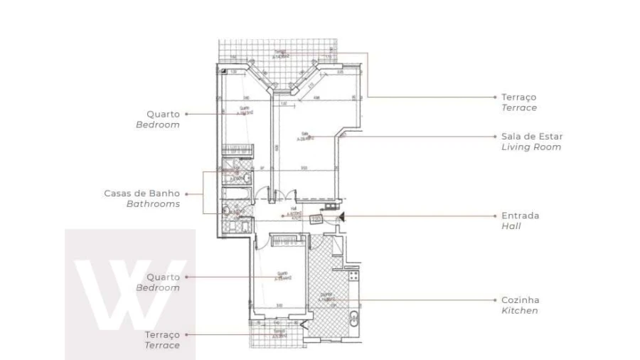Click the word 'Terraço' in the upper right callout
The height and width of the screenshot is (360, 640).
[x=518, y=96]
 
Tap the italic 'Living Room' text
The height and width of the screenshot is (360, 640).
[x=530, y=147]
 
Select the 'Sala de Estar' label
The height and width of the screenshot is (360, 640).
[x=532, y=136]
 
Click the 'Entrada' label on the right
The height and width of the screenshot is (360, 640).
[x=520, y=215]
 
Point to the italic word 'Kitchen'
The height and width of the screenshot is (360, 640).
[x=520, y=311]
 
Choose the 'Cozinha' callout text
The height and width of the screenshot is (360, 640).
[x=521, y=300]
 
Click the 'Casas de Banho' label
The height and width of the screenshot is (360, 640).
[x=142, y=193]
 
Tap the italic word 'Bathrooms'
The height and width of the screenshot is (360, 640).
[x=153, y=204]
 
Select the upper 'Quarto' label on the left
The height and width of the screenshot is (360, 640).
[x=163, y=113]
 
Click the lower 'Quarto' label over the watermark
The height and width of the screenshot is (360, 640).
[x=163, y=277]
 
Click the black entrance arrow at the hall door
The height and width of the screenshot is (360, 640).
[x=342, y=216]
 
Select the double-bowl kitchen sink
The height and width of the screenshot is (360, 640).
[x=353, y=318]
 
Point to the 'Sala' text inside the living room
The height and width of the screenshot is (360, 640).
[x=304, y=133]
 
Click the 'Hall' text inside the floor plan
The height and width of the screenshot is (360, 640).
[x=294, y=210]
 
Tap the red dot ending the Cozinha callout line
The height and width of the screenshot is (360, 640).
[x=494, y=300]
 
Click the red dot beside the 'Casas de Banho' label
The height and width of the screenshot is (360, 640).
[x=187, y=193]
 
